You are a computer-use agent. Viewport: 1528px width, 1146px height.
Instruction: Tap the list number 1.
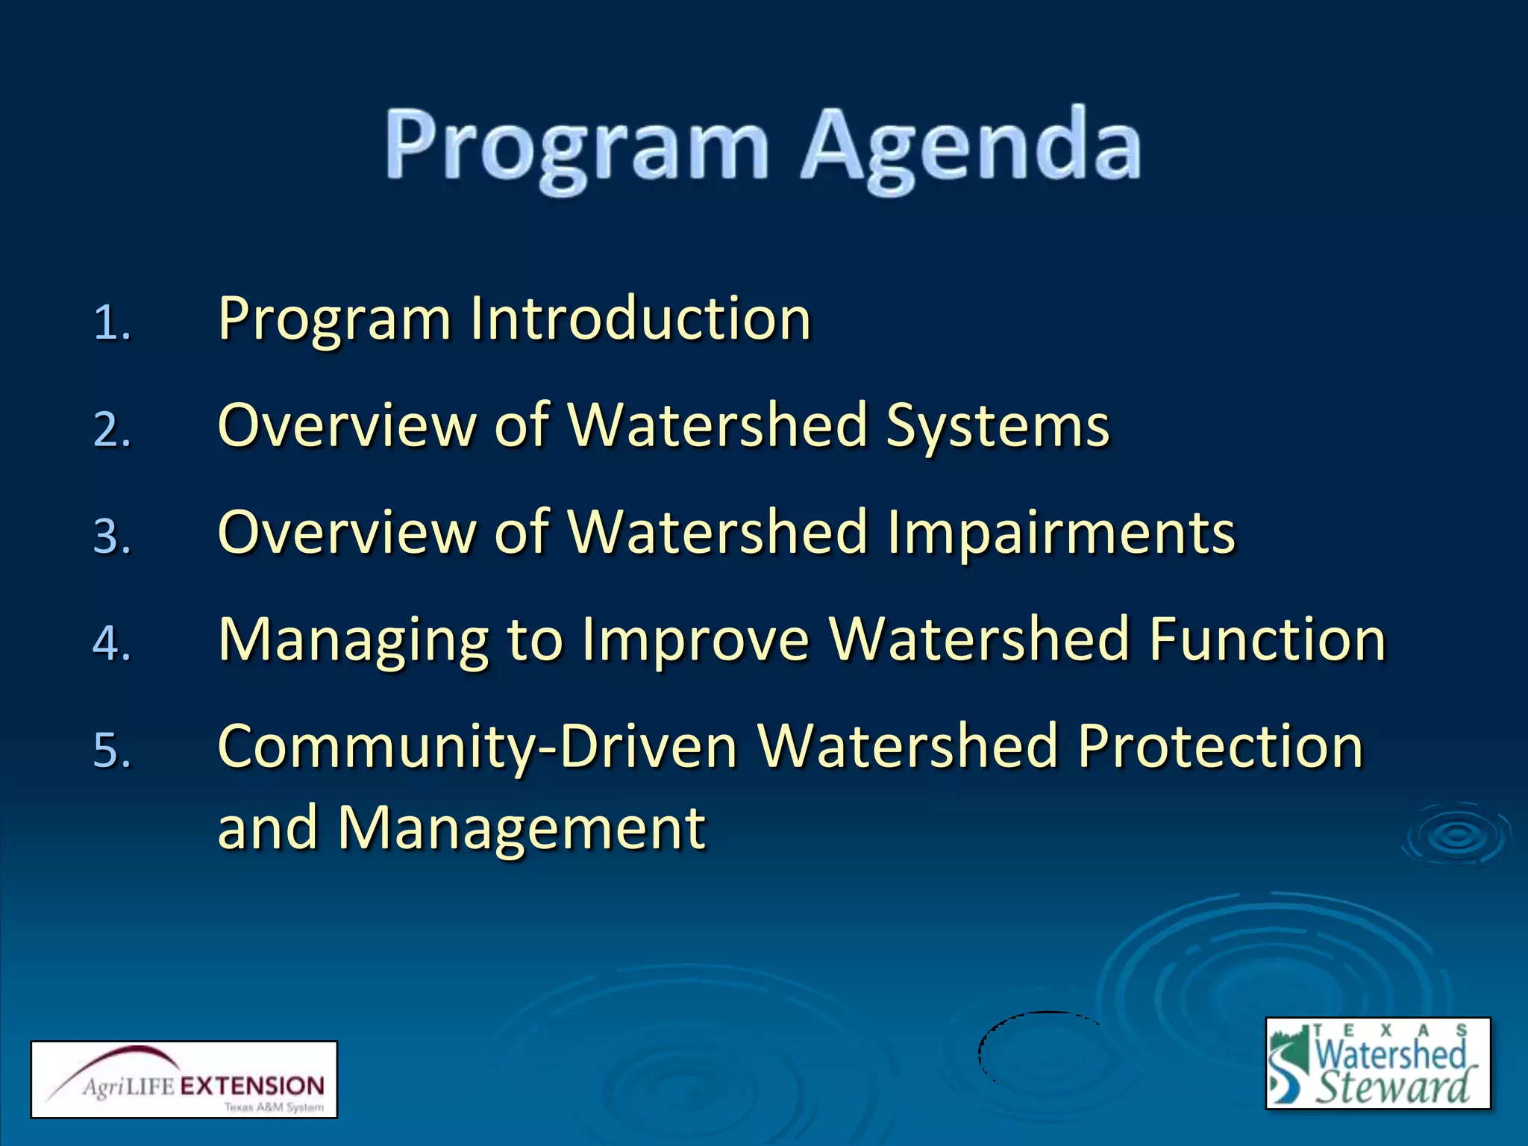tap(112, 323)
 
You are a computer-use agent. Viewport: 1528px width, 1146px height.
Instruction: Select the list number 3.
tap(112, 536)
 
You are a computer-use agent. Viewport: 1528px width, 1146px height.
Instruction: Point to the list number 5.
tap(112, 750)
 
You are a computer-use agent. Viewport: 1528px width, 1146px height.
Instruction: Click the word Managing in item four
tap(354, 640)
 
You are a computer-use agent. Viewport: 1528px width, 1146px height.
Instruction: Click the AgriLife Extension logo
tap(184, 1079)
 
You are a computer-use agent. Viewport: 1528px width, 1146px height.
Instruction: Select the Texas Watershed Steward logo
tap(1377, 1063)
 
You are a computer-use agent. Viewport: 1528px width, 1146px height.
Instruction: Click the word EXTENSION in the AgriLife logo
tap(252, 1086)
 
